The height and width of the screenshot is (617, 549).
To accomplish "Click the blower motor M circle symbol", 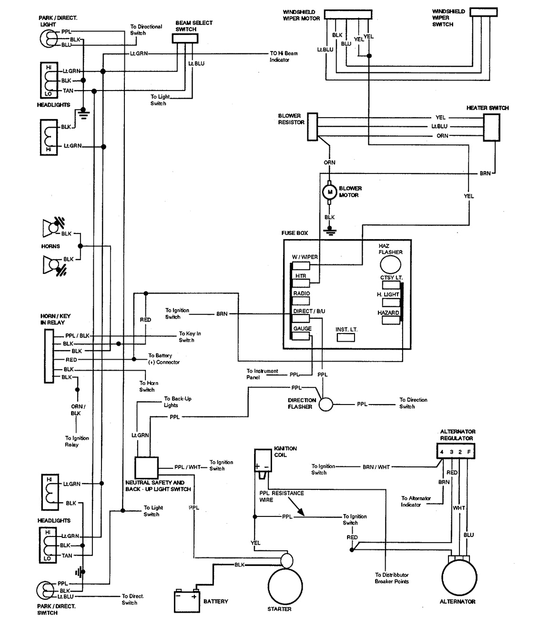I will click(x=329, y=192).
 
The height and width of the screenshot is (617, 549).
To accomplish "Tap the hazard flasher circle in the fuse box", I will click(x=390, y=264).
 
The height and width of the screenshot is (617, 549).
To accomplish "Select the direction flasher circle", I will click(x=326, y=404).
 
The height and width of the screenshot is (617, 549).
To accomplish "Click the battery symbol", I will click(x=186, y=601).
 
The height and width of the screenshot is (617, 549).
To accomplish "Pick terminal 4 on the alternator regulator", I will click(x=442, y=452).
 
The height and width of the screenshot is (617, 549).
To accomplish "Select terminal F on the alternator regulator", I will click(x=469, y=452).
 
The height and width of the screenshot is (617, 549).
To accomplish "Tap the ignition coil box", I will click(x=262, y=461).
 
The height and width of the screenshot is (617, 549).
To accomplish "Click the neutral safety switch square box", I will click(x=146, y=468).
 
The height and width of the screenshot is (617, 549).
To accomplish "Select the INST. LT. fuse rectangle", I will click(x=346, y=337).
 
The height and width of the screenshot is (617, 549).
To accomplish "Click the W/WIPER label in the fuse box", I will click(x=305, y=257).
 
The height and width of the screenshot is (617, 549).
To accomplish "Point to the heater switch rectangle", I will click(x=491, y=127).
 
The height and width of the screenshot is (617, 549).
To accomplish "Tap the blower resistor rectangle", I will click(x=312, y=127).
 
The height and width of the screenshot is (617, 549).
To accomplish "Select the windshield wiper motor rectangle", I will click(x=347, y=14).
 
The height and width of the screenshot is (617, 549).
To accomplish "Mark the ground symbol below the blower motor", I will click(x=329, y=232).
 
